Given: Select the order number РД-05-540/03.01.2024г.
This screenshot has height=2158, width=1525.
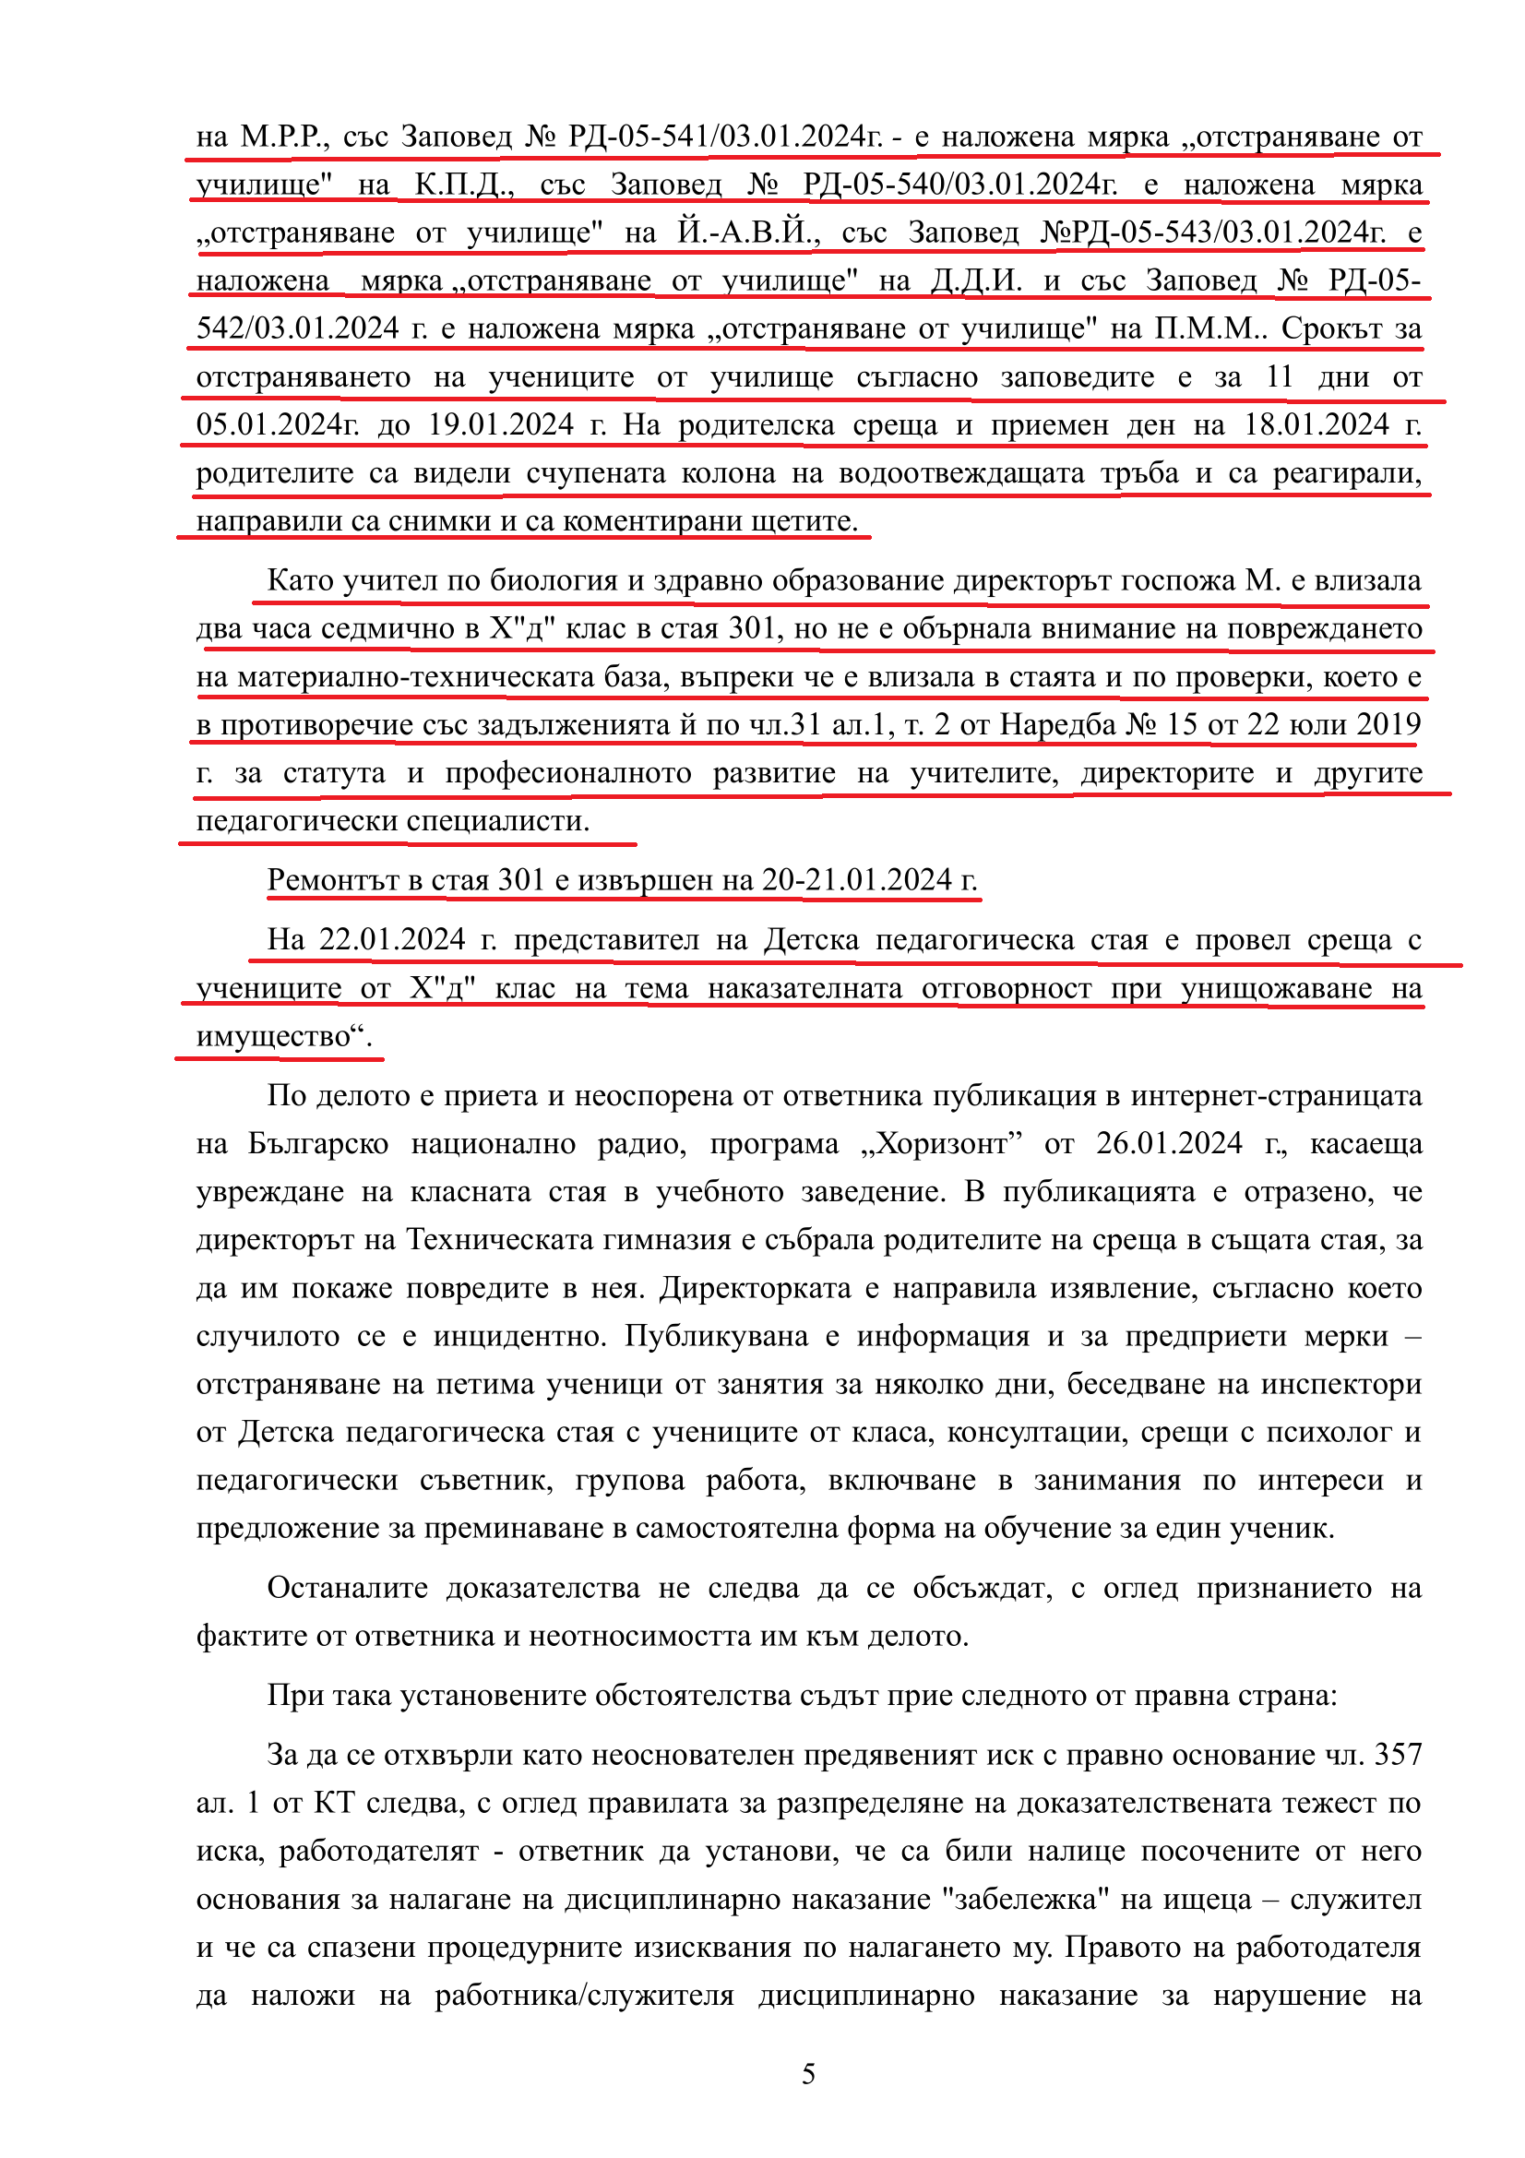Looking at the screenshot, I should tap(959, 185).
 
